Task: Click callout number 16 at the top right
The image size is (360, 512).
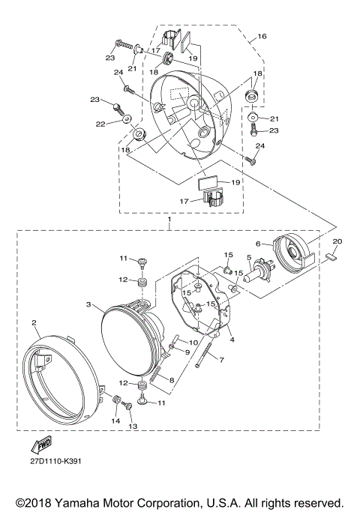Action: [262, 36]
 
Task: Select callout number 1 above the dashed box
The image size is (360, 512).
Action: [170, 221]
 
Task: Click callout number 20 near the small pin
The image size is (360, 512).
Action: [337, 241]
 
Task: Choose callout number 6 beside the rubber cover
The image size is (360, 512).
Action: [258, 244]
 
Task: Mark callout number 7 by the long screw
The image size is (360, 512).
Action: [222, 360]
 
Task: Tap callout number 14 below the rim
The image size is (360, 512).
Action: [115, 421]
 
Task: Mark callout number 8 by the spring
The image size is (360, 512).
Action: [172, 381]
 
